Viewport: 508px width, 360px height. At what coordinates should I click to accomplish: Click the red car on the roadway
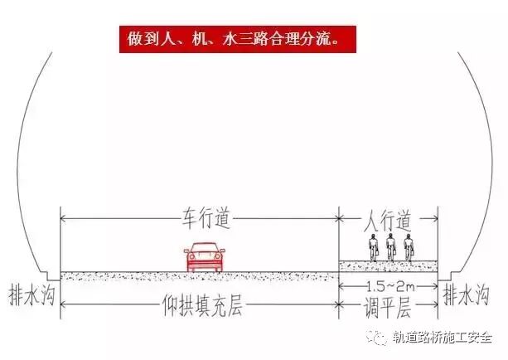coord(202,257)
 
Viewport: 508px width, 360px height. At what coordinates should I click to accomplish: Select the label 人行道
coord(388,221)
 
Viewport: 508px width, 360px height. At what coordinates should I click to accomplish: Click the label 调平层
coord(388,309)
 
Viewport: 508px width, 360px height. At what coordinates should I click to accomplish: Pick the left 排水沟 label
coord(30,294)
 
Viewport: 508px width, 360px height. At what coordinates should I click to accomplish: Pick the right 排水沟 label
coord(467,294)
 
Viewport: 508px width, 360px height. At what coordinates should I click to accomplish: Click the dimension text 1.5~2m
coord(388,285)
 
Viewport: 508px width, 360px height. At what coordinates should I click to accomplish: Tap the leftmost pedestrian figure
coord(374,248)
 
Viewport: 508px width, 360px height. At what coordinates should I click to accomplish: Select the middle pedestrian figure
coord(390,248)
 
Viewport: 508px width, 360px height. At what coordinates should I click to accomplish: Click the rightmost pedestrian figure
coord(408,248)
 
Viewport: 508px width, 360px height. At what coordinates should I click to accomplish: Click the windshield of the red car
coord(202,250)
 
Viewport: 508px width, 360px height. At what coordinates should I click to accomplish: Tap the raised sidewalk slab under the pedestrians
coord(388,265)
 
